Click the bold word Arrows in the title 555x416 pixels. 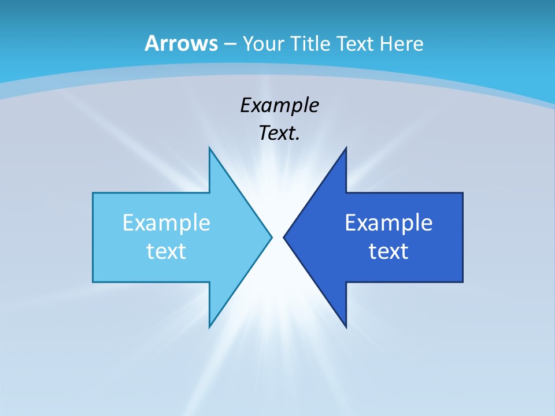[x=181, y=43]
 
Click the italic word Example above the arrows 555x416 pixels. [x=279, y=106]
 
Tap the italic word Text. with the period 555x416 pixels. [x=279, y=133]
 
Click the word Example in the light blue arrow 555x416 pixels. [x=166, y=223]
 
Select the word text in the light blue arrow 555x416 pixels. [x=166, y=251]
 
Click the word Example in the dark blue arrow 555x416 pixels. [x=388, y=223]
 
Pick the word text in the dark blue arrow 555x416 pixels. [x=388, y=251]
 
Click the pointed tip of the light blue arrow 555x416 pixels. [x=271, y=237]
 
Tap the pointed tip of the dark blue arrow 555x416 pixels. [x=284, y=237]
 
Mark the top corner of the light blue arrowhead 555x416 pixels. [x=209, y=148]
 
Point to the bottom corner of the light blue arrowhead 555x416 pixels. [x=209, y=327]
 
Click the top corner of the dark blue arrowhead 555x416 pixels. [x=346, y=148]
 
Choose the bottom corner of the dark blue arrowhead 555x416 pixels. [x=346, y=327]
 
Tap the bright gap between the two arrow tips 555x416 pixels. [x=277, y=237]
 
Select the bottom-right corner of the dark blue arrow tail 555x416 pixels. [x=462, y=282]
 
